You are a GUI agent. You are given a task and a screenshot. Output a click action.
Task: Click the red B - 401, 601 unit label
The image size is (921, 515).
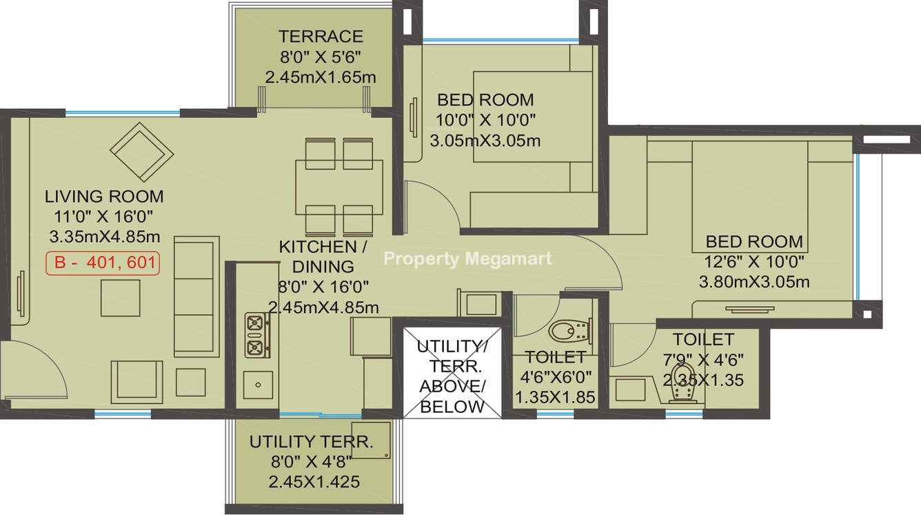tap(103, 263)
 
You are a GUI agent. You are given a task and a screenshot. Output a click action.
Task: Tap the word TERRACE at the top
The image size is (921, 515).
tap(321, 37)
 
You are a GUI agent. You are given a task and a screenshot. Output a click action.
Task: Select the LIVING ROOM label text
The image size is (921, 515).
tap(104, 196)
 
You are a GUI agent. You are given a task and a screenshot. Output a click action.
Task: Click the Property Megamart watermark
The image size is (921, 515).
tap(467, 259)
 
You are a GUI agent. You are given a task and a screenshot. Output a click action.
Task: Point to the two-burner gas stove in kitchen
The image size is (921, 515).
tap(256, 335)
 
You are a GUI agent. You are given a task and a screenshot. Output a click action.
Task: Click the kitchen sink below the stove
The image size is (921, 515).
tap(258, 385)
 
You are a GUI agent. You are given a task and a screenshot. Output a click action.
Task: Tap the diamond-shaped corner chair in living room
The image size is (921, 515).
tap(142, 152)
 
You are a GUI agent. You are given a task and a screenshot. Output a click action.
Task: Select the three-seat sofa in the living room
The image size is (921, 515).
tap(196, 297)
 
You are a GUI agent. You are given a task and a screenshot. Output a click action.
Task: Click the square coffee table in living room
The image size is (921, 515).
tap(121, 298)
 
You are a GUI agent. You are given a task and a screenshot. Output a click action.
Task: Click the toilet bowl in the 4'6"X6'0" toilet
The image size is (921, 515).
tap(569, 331)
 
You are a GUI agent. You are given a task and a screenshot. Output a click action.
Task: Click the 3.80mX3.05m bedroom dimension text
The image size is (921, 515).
tap(754, 282)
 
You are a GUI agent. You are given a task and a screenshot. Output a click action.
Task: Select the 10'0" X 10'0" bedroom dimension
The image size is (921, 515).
tap(485, 120)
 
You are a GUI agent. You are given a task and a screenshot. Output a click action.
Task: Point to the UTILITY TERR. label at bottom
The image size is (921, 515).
tap(311, 442)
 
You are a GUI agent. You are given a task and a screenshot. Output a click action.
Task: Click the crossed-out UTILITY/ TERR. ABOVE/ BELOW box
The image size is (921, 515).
tap(452, 373)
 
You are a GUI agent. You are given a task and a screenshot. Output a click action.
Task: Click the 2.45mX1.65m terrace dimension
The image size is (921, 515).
tap(321, 77)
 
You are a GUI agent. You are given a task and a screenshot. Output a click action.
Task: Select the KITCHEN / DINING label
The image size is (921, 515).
tap(323, 256)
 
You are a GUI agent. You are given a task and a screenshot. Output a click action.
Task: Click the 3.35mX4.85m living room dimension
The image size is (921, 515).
tap(104, 237)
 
